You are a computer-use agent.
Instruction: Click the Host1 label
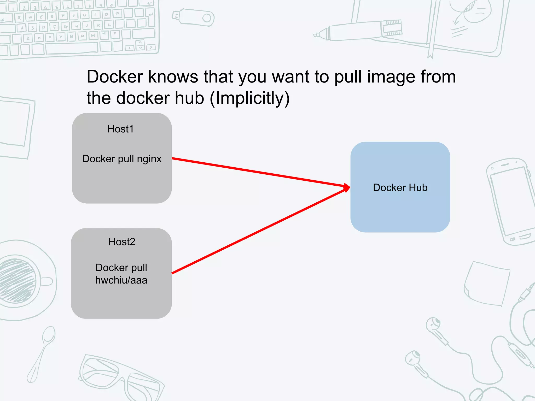120,129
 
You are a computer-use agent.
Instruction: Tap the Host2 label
122,242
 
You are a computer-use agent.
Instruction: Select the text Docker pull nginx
122,159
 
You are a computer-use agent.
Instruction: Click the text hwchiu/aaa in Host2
121,280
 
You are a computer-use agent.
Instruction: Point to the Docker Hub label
400,187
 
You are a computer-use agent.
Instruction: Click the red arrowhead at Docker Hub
347,188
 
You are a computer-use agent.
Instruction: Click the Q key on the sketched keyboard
19,18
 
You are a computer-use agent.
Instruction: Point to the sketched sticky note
487,283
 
